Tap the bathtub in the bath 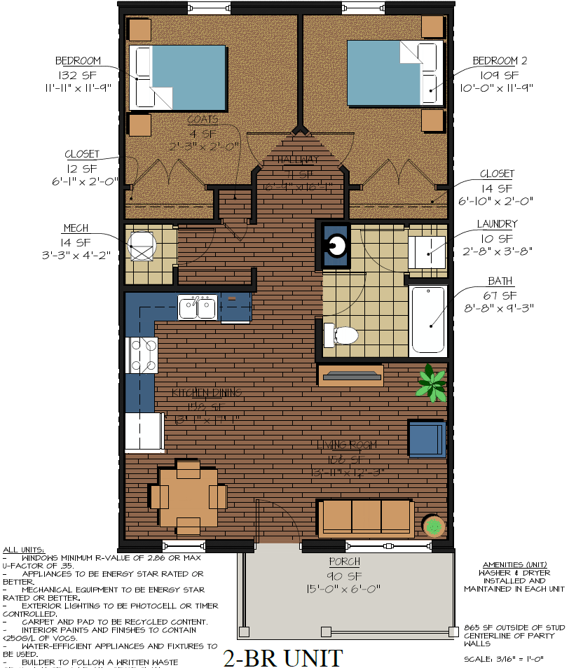tap(427, 319)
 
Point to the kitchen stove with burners tap(142, 355)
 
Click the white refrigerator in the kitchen tap(144, 432)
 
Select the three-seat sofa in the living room tap(364, 516)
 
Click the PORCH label tap(344, 562)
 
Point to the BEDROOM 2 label tap(500, 61)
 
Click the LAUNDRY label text tap(497, 224)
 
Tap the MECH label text tap(75, 229)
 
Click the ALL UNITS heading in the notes tap(24, 550)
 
